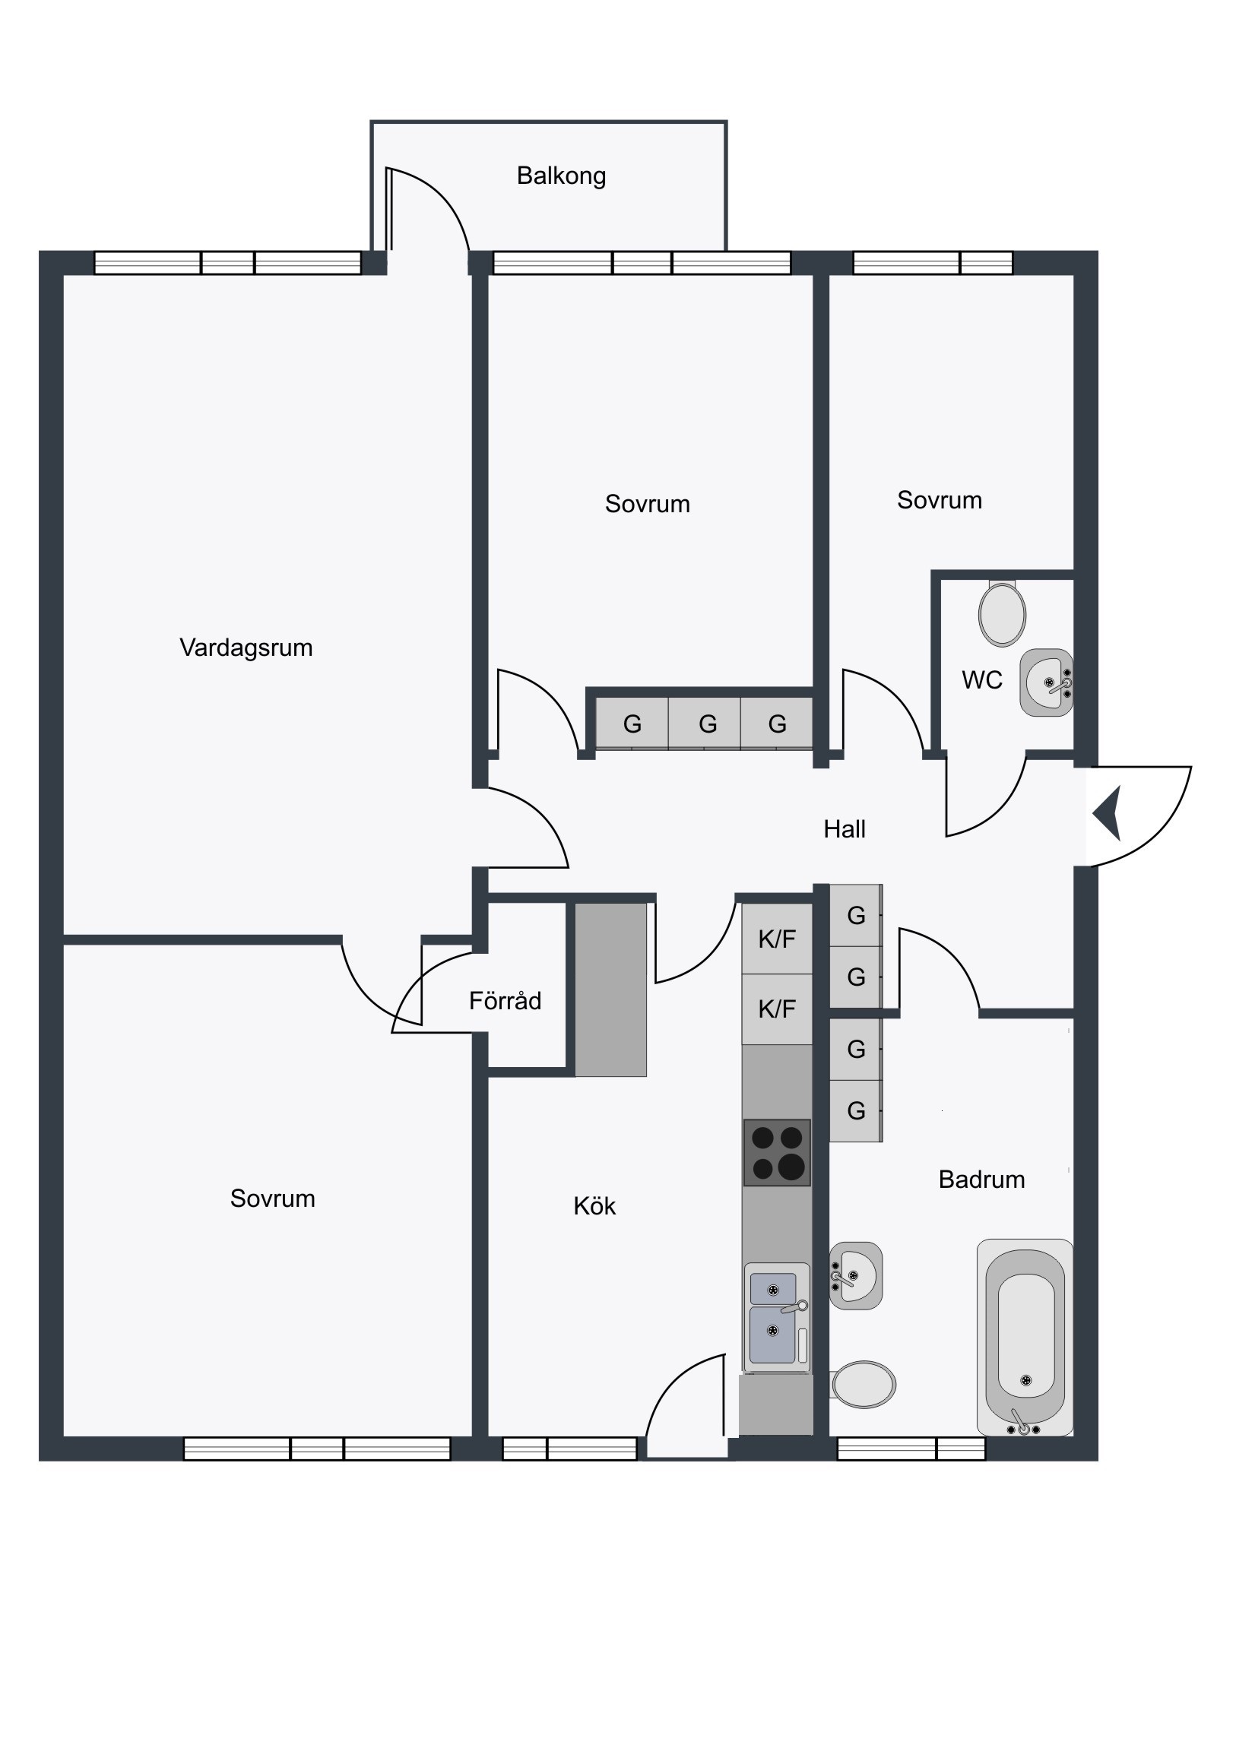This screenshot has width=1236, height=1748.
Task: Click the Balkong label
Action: tap(561, 176)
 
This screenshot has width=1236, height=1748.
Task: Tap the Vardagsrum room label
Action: tap(246, 648)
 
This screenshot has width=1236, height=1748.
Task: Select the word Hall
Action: tap(845, 829)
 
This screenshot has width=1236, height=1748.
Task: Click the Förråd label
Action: tap(505, 1000)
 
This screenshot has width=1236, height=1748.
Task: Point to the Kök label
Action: tap(594, 1207)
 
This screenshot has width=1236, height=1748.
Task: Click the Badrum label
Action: tap(981, 1180)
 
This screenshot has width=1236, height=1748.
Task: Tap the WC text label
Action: tap(982, 681)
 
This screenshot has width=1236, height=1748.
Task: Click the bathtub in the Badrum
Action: tap(1025, 1338)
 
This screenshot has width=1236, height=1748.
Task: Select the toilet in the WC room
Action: tap(1003, 613)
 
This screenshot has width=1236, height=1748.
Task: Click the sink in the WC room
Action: tap(1047, 683)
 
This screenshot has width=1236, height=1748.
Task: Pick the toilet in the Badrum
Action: tap(862, 1385)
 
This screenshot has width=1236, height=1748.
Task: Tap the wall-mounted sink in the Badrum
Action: tap(856, 1276)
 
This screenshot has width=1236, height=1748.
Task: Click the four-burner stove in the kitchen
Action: tap(777, 1153)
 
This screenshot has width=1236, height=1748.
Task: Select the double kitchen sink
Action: tap(777, 1317)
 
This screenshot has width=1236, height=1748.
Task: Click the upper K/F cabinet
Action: tap(777, 939)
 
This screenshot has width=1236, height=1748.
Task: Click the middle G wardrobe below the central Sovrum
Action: tap(708, 724)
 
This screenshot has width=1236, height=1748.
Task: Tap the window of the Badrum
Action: tap(911, 1449)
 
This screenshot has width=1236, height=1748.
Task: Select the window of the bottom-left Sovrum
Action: tap(317, 1449)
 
